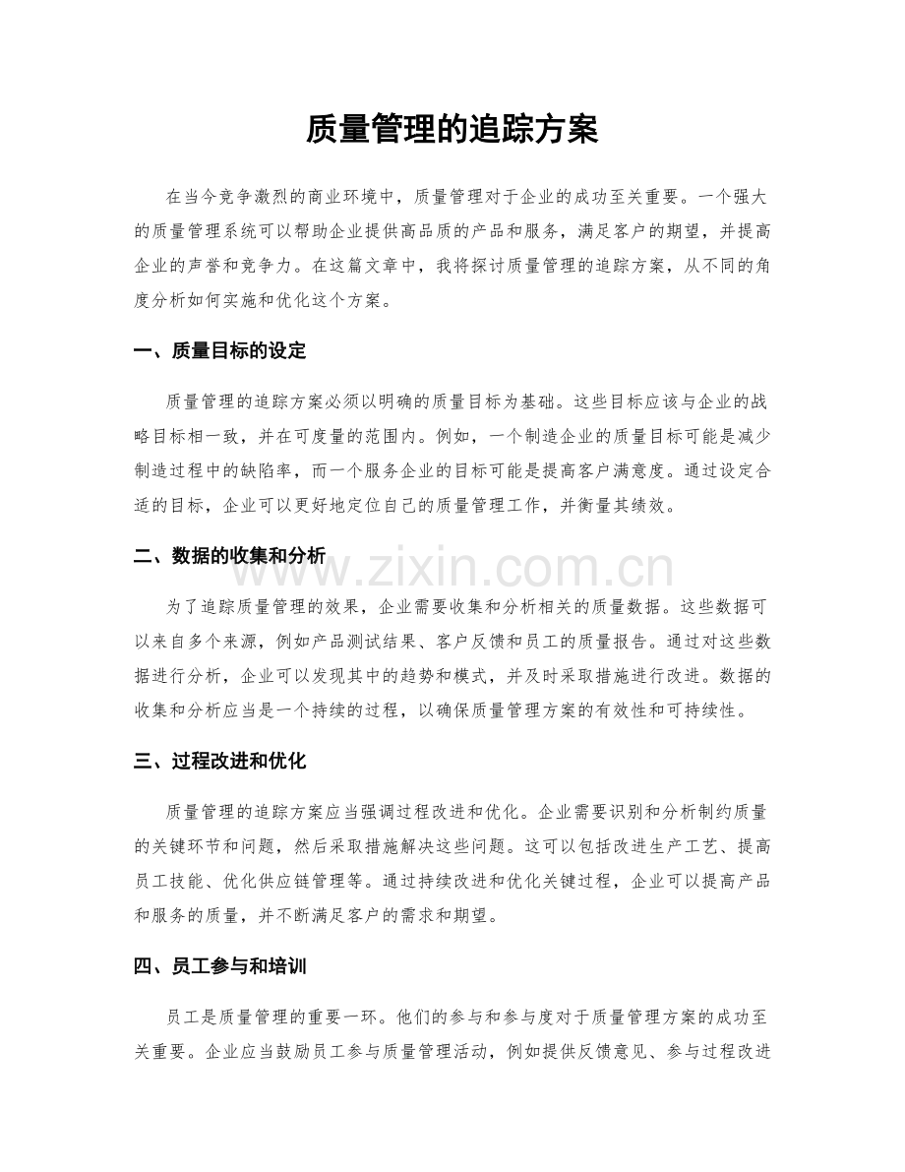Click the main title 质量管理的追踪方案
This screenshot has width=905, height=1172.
click(452, 129)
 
